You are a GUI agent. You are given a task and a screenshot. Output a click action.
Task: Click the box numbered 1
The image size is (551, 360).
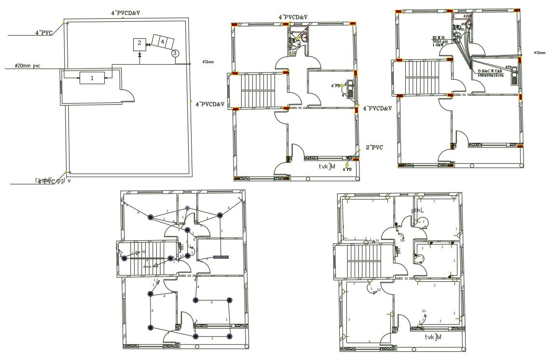92,78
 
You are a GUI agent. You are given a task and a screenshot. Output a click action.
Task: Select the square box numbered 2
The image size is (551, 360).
139,43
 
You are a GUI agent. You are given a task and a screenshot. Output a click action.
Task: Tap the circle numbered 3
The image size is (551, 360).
175,53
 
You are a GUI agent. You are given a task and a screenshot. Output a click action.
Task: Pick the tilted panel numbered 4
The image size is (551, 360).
162,42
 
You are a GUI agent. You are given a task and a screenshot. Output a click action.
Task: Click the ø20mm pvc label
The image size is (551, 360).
28,66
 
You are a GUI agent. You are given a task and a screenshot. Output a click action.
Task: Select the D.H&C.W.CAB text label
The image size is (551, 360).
490,71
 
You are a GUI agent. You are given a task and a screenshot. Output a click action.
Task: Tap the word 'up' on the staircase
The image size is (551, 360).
143,251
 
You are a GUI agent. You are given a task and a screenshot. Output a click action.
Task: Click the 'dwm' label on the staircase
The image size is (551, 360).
147,266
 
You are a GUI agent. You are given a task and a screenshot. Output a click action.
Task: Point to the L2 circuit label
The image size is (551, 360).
156,280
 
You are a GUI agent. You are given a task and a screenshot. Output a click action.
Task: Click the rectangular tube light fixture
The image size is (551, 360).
221,257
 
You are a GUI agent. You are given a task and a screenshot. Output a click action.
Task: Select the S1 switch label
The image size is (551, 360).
377,240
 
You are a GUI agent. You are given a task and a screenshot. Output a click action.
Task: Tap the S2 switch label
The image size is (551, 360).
379,290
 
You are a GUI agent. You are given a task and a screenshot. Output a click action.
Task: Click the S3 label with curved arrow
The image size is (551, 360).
424,311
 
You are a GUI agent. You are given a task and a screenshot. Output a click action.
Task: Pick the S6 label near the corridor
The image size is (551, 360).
402,240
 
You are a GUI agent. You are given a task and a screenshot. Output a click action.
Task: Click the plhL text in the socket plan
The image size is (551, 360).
418,210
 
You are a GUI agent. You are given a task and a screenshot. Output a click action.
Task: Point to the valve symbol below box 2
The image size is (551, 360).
139,55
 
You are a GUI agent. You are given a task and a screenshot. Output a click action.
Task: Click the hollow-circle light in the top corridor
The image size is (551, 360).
188,208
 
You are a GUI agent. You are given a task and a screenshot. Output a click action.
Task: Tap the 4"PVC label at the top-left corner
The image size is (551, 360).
43,33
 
